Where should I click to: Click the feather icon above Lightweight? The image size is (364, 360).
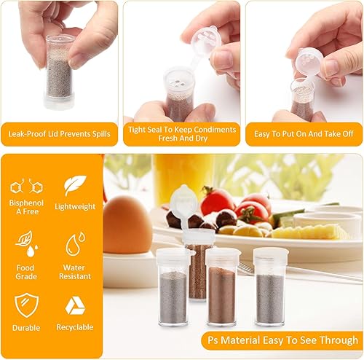pyautogui.click(x=75, y=185)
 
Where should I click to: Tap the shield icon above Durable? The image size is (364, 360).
pyautogui.click(x=26, y=305)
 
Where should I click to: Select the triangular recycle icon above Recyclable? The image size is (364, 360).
pyautogui.click(x=75, y=305)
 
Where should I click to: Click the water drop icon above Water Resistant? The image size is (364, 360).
pyautogui.click(x=76, y=244)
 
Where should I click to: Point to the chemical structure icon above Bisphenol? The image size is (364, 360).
pyautogui.click(x=26, y=187)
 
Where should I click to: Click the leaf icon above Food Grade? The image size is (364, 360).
pyautogui.click(x=26, y=243)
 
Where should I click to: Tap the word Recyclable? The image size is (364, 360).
pyautogui.click(x=75, y=327)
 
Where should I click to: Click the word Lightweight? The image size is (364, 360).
pyautogui.click(x=75, y=207)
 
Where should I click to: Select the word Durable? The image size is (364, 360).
pyautogui.click(x=26, y=328)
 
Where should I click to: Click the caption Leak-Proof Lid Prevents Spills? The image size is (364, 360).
pyautogui.click(x=59, y=134)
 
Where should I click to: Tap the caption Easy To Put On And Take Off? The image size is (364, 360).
pyautogui.click(x=304, y=134)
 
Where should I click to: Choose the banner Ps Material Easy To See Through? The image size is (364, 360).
pyautogui.click(x=282, y=340)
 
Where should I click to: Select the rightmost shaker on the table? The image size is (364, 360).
pyautogui.click(x=270, y=287)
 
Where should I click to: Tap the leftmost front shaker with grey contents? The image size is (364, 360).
pyautogui.click(x=173, y=287)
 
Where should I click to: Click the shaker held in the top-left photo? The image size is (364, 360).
pyautogui.click(x=60, y=72)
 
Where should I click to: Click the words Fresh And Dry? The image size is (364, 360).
pyautogui.click(x=183, y=138)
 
